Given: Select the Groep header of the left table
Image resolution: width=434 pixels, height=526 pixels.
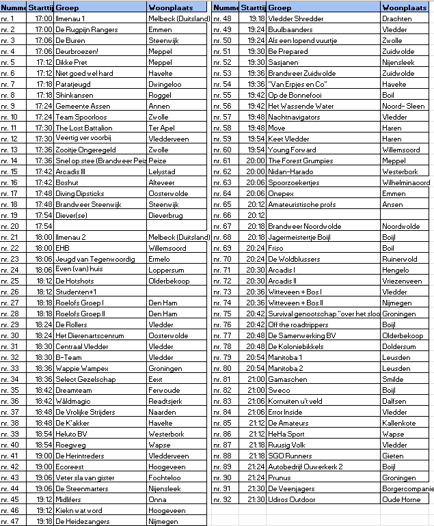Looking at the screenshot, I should (66, 8).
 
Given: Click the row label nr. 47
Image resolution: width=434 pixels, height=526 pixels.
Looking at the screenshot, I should (10, 521).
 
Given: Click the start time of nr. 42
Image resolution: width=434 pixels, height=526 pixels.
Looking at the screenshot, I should (44, 467).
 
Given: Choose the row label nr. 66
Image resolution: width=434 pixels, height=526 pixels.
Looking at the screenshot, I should (223, 215).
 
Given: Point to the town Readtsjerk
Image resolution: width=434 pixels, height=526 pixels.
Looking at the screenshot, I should (165, 401).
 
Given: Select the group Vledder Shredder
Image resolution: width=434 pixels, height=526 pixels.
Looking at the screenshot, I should (296, 18).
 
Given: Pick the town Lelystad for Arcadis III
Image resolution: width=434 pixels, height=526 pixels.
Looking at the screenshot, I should (162, 171).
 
